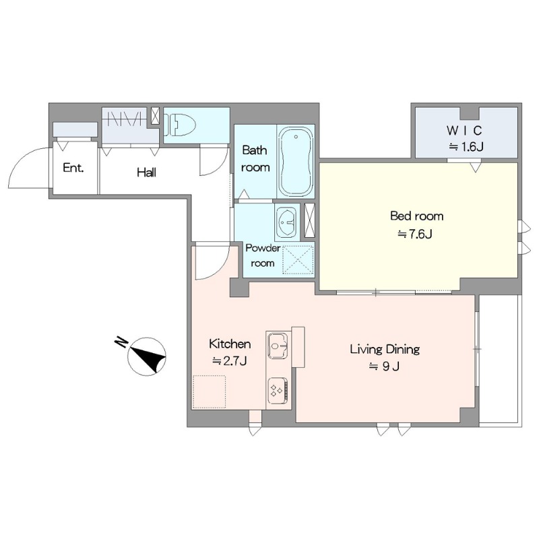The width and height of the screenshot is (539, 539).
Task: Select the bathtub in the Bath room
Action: tap(296, 162)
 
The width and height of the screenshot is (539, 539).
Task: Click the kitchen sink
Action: tap(278, 345)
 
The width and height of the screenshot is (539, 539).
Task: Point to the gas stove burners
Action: tap(278, 391)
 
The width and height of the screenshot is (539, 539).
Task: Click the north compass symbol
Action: tap(147, 356)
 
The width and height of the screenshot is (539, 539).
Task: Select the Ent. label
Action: tap(73, 168)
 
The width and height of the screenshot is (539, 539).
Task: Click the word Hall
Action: tap(146, 172)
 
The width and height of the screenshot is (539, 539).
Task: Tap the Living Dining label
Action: tap(385, 349)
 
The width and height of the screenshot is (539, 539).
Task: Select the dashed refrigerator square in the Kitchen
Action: tap(210, 391)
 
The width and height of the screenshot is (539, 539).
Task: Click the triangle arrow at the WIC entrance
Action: tap(476, 167)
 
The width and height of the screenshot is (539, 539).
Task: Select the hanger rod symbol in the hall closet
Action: tap(125, 119)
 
